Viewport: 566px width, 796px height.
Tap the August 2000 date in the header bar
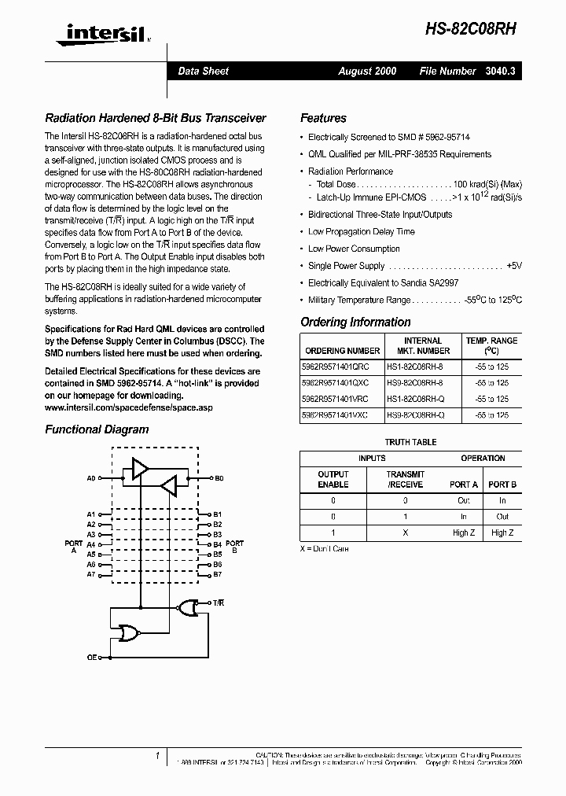[367, 71]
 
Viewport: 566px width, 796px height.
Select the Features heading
[323, 118]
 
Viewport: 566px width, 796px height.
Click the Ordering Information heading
[355, 322]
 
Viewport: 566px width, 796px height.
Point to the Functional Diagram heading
[97, 429]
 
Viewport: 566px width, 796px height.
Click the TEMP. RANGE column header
[491, 345]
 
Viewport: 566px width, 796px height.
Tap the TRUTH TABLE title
[411, 442]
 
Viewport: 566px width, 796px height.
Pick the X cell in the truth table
[406, 533]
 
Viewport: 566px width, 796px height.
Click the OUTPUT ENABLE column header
[333, 479]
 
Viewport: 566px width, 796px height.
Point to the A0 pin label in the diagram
[90, 478]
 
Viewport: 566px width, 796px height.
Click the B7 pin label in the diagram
[218, 574]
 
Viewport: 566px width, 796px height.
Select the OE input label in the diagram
[92, 657]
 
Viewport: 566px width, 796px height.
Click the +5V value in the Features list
[514, 266]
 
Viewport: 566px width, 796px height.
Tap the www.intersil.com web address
[129, 408]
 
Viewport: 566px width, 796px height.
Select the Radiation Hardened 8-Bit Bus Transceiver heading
[156, 118]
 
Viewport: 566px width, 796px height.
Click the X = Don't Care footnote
[324, 548]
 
